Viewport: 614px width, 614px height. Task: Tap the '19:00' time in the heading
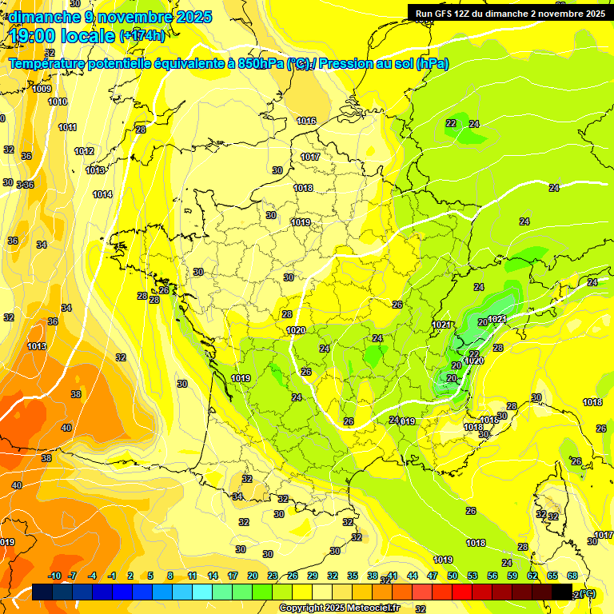click(34, 35)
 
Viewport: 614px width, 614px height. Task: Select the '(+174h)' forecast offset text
click(142, 36)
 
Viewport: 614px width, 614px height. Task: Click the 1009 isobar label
click(42, 89)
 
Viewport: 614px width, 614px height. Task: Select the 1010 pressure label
click(58, 102)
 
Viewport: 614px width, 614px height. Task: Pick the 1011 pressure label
click(67, 127)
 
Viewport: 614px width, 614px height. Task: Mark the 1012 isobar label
click(84, 151)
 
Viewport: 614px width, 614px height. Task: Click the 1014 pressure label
click(102, 194)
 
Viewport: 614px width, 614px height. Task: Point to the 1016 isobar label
click(306, 121)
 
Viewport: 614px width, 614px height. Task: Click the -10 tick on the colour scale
click(54, 576)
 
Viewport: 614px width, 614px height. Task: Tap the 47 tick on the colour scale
click(433, 576)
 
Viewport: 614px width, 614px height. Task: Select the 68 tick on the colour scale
click(572, 576)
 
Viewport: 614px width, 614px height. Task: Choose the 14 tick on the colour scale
click(213, 576)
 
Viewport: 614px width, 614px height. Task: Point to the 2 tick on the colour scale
click(130, 576)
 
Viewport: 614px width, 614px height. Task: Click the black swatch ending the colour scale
click(563, 592)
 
